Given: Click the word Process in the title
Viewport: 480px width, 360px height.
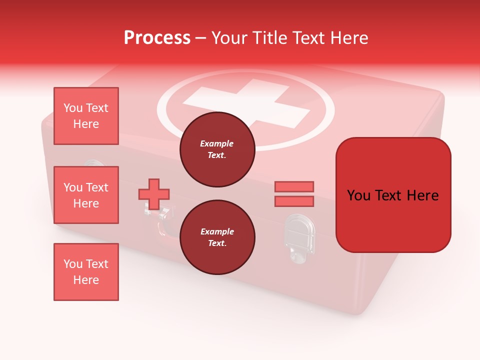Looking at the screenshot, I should [x=157, y=38].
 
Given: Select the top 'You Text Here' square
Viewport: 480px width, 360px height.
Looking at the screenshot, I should [x=86, y=116].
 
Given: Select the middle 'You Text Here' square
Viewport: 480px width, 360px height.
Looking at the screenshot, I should [x=86, y=195].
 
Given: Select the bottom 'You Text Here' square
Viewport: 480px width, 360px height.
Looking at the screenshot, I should [x=86, y=272].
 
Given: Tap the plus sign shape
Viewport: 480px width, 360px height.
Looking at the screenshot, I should [x=154, y=193].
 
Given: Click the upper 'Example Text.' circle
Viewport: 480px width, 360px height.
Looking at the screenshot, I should [x=217, y=149].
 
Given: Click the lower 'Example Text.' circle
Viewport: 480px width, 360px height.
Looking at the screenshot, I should [x=217, y=237].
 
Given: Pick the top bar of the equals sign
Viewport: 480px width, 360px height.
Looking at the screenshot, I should [x=294, y=186].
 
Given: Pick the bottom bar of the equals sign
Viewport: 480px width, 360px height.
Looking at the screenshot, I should [x=294, y=201].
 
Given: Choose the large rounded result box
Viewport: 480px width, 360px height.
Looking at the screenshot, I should [x=393, y=195].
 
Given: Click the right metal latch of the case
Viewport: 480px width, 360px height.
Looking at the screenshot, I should [x=300, y=237].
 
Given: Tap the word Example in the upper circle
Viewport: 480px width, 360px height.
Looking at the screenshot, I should [x=217, y=143].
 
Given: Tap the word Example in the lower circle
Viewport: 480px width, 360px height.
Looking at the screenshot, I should [x=217, y=231].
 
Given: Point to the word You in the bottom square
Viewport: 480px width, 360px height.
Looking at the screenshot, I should [x=72, y=264].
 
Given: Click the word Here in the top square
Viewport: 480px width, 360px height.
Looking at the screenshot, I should [x=86, y=124].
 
